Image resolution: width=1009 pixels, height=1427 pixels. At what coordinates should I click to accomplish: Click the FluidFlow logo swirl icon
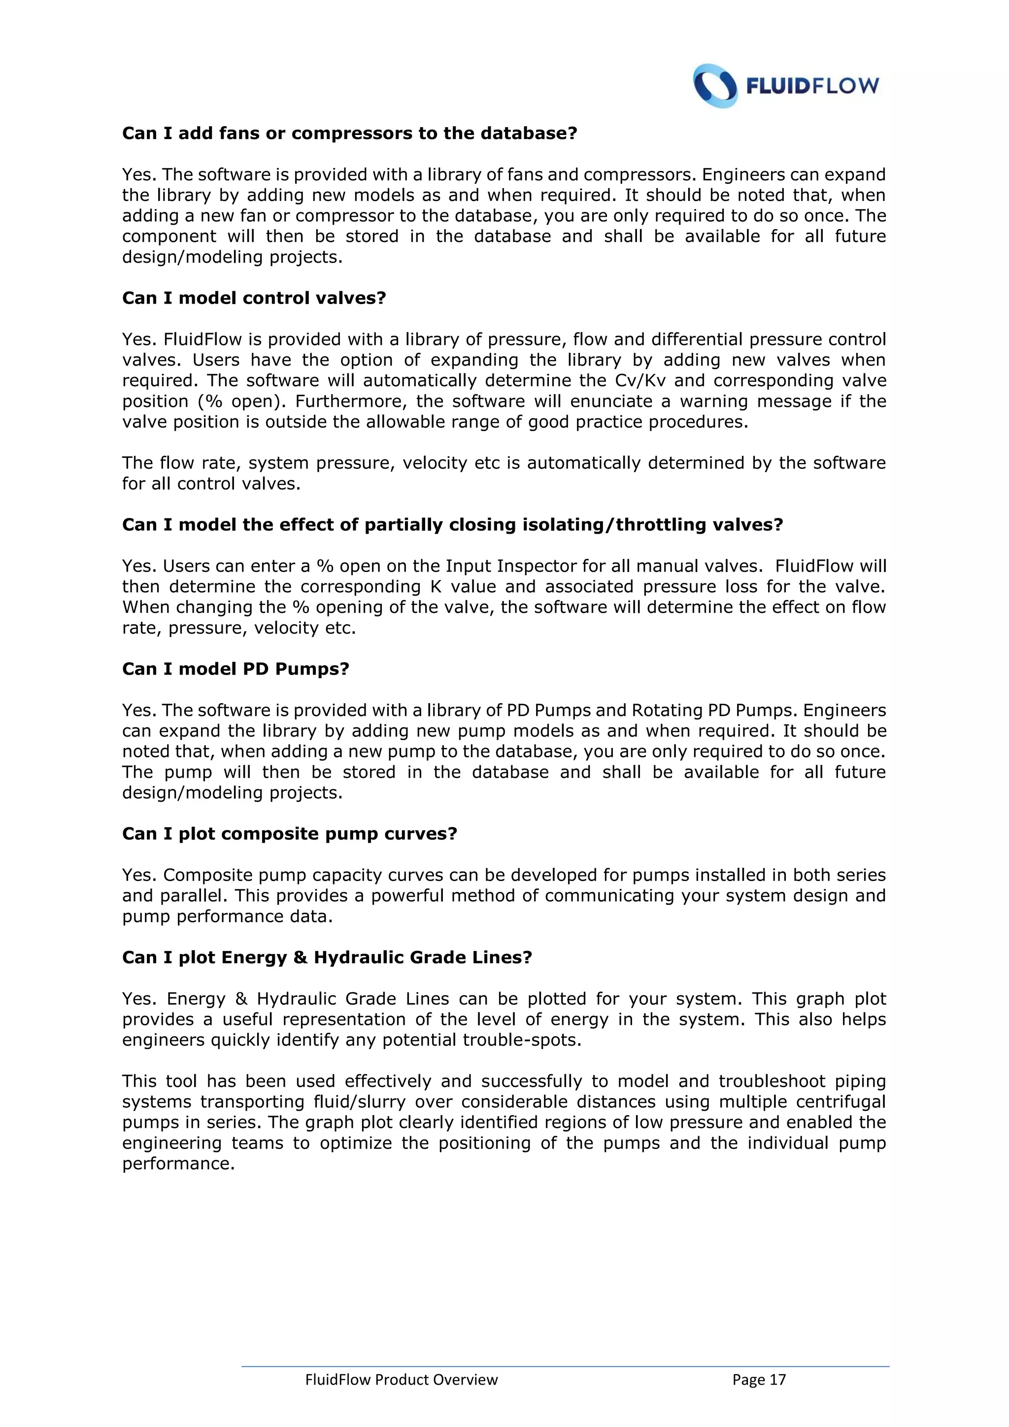coord(715,86)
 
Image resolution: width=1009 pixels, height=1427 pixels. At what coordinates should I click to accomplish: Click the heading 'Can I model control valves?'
coord(254,298)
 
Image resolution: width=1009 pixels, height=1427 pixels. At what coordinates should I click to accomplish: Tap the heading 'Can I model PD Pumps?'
coord(235,669)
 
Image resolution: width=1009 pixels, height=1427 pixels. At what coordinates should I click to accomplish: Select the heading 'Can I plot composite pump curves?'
coord(290,833)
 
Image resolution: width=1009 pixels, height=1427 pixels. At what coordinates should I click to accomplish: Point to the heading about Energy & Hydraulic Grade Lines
coord(327,957)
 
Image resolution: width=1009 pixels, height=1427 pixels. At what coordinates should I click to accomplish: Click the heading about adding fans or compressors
coord(350,134)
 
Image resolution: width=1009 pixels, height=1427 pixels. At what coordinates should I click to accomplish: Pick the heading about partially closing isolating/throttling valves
coord(452,525)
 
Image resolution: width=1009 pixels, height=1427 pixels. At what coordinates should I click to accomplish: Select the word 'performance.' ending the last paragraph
coord(178,1163)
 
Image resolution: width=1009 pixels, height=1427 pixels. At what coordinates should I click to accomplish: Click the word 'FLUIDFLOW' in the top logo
coord(812,86)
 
